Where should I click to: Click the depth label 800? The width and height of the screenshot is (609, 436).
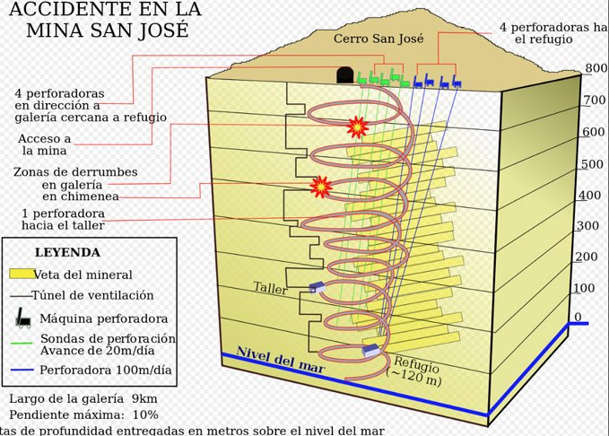596,68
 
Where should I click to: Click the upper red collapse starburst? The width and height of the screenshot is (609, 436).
358,126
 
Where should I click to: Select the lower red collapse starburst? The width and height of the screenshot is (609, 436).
320,187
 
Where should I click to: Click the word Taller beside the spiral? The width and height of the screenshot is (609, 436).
271,288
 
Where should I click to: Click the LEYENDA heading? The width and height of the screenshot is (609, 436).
67,253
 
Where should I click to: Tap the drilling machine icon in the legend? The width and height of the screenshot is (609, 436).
21,317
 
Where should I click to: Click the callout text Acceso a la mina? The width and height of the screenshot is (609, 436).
44,145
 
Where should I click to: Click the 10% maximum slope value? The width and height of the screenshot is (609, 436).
144,414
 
